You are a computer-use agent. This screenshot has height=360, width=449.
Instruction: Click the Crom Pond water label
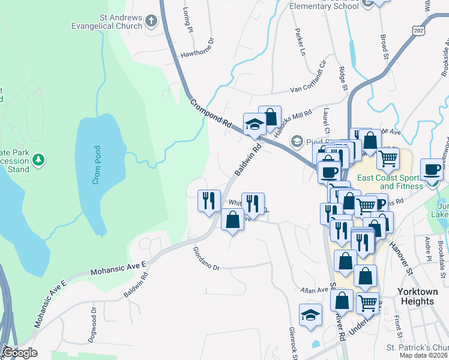[97, 165]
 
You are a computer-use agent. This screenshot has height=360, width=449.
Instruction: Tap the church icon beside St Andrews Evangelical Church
[151, 22]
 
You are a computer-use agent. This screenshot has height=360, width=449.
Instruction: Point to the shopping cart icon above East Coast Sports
[388, 158]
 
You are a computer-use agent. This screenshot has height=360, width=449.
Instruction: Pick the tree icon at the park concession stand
[38, 160]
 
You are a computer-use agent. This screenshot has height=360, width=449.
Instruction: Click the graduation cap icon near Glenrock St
[310, 315]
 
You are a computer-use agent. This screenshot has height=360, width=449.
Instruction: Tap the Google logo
[19, 353]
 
